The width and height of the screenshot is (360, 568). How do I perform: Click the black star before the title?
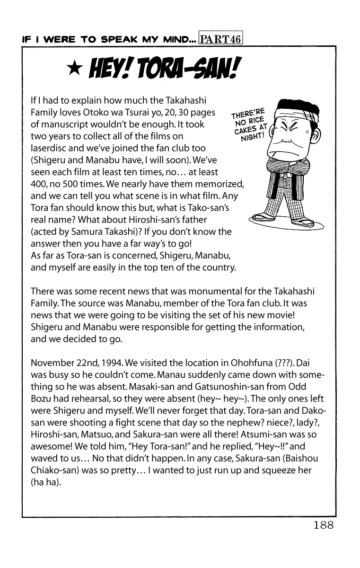(x=73, y=70)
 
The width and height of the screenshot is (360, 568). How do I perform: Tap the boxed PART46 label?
(x=221, y=39)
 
